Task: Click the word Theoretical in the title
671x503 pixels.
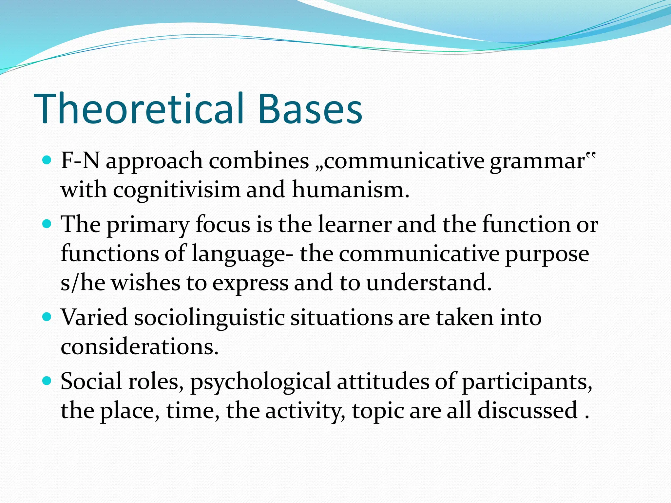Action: pos(139,109)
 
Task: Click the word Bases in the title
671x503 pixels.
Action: pos(310,109)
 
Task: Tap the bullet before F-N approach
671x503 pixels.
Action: pos(48,160)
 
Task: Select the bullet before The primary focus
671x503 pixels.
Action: pos(48,224)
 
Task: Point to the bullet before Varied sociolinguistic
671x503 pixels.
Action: pos(48,317)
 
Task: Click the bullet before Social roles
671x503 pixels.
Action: pos(48,381)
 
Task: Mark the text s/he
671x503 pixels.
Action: pos(83,283)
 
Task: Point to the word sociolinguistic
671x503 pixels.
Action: pos(209,318)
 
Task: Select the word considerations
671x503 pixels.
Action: pos(139,346)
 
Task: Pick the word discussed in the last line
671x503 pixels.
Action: pos(527,410)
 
